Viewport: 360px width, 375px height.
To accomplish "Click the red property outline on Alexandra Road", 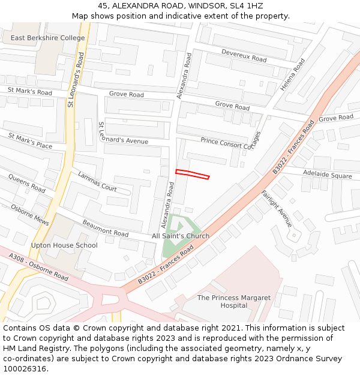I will coord(192,175).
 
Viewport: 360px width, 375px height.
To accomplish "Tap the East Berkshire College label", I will coord(48,38).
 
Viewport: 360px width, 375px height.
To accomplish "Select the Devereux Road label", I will coord(244,56).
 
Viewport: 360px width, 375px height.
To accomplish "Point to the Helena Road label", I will coord(293,75).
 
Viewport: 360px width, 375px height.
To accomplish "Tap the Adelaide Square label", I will coord(327,176).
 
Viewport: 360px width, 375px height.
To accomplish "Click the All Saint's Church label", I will coord(181,236).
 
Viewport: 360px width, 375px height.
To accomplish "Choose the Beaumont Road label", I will coord(106,229).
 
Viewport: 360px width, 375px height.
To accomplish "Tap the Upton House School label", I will coord(64,245).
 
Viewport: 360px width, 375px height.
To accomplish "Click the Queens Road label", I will coord(26,184).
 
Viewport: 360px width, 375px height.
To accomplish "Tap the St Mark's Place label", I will coord(30,141).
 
